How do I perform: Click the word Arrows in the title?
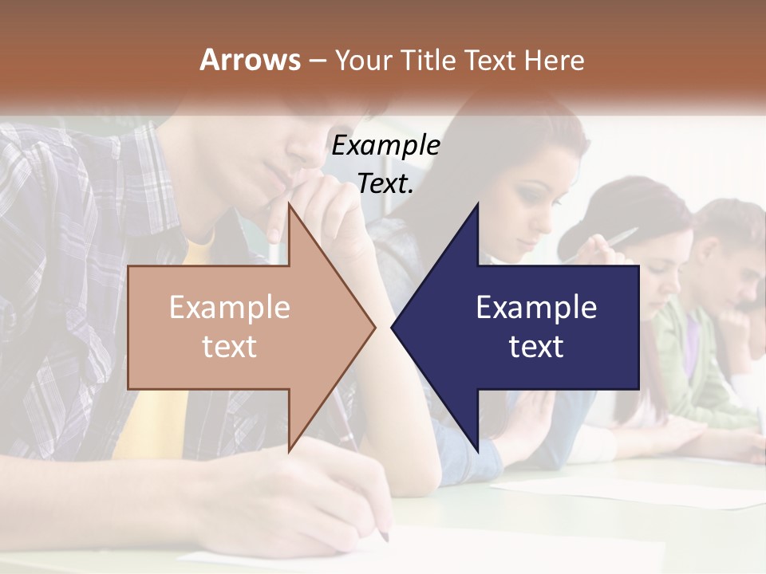pos(250,60)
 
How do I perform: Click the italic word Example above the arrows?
pos(385,146)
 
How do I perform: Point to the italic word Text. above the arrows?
pos(385,184)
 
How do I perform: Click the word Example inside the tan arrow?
pos(230,307)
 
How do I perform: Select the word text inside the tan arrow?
pos(230,346)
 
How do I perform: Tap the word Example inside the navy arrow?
pos(536,307)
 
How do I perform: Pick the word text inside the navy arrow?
pos(536,346)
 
